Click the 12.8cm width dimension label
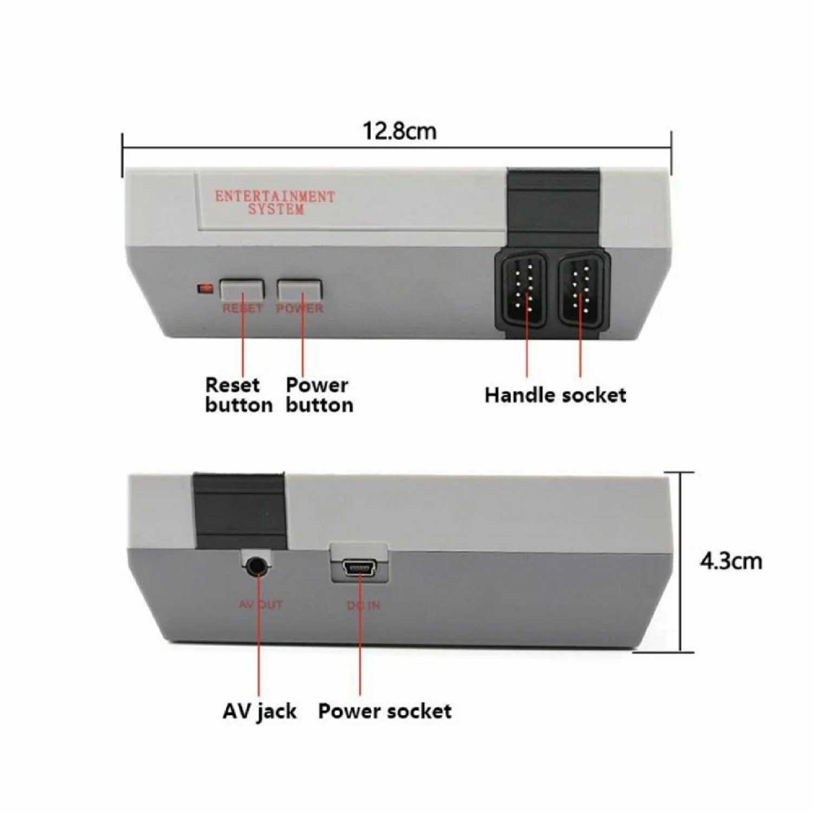399,131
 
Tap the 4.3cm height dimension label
731,561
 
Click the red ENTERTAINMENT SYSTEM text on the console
275,203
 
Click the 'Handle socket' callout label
555,395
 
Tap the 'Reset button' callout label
238,395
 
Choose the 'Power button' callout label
319,395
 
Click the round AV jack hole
257,566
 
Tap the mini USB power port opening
359,568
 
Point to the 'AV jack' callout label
260,711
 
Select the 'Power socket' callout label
385,711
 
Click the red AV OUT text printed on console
261,604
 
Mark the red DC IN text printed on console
364,605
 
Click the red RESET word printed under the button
242,308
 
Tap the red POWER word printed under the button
300,308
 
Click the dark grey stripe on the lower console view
240,509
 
